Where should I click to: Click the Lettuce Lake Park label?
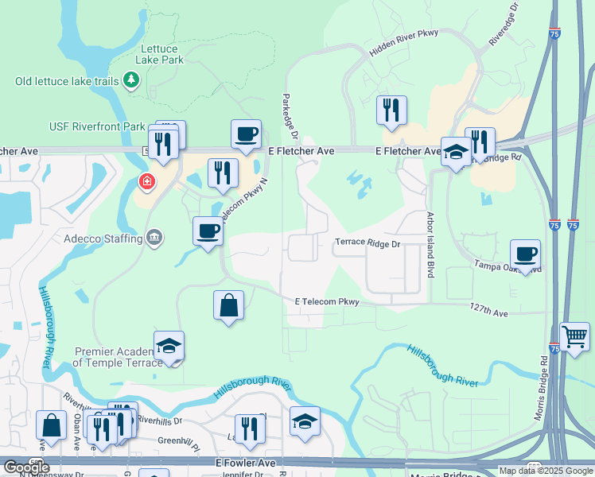(x=161, y=53)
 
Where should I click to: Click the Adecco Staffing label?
(x=103, y=238)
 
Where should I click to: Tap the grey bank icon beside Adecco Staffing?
(x=154, y=238)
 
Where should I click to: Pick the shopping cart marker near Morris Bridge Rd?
(x=574, y=336)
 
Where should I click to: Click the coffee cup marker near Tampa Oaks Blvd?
(x=525, y=254)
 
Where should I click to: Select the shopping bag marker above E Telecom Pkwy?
(x=228, y=305)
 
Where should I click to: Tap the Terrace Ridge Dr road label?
(x=367, y=243)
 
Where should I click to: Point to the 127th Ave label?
(x=488, y=313)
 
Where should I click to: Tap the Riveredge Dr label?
(x=504, y=26)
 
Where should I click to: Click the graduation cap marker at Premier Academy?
(x=169, y=346)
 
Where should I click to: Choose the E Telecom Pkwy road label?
(x=327, y=302)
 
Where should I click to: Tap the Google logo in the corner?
(x=26, y=467)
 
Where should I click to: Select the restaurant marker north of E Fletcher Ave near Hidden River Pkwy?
(x=391, y=111)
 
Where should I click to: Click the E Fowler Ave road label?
(x=244, y=462)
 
